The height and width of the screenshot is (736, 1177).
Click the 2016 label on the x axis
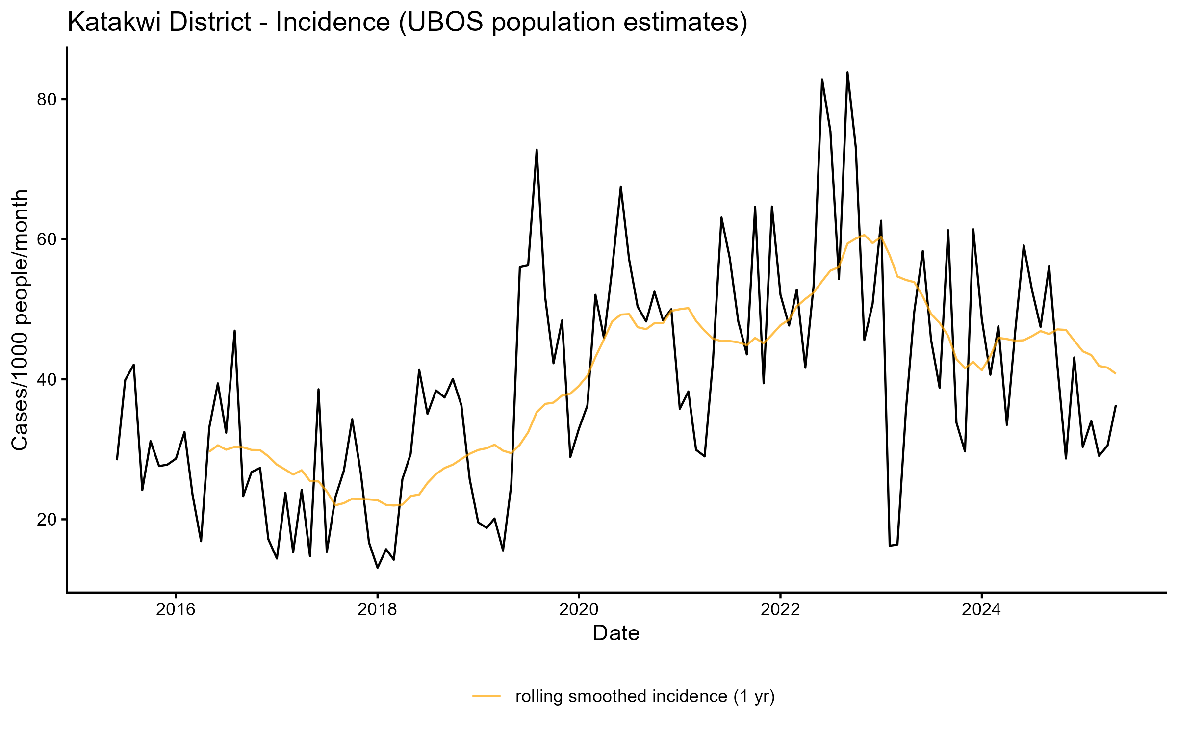[176, 610]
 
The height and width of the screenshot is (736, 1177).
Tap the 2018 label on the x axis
[377, 610]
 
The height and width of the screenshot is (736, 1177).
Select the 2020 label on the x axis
[579, 610]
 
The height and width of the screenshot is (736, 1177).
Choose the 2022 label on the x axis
[780, 610]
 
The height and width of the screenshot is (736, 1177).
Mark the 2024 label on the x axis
[981, 610]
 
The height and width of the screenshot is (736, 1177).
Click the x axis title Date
[616, 633]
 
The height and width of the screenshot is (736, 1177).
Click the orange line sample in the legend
[486, 696]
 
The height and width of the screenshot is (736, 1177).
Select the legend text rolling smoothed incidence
[645, 696]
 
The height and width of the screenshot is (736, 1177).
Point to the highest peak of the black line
[847, 73]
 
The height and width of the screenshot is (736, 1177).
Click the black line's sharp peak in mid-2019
[537, 150]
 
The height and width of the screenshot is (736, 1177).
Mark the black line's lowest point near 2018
[377, 568]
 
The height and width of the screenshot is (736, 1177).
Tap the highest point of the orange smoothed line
[864, 235]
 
